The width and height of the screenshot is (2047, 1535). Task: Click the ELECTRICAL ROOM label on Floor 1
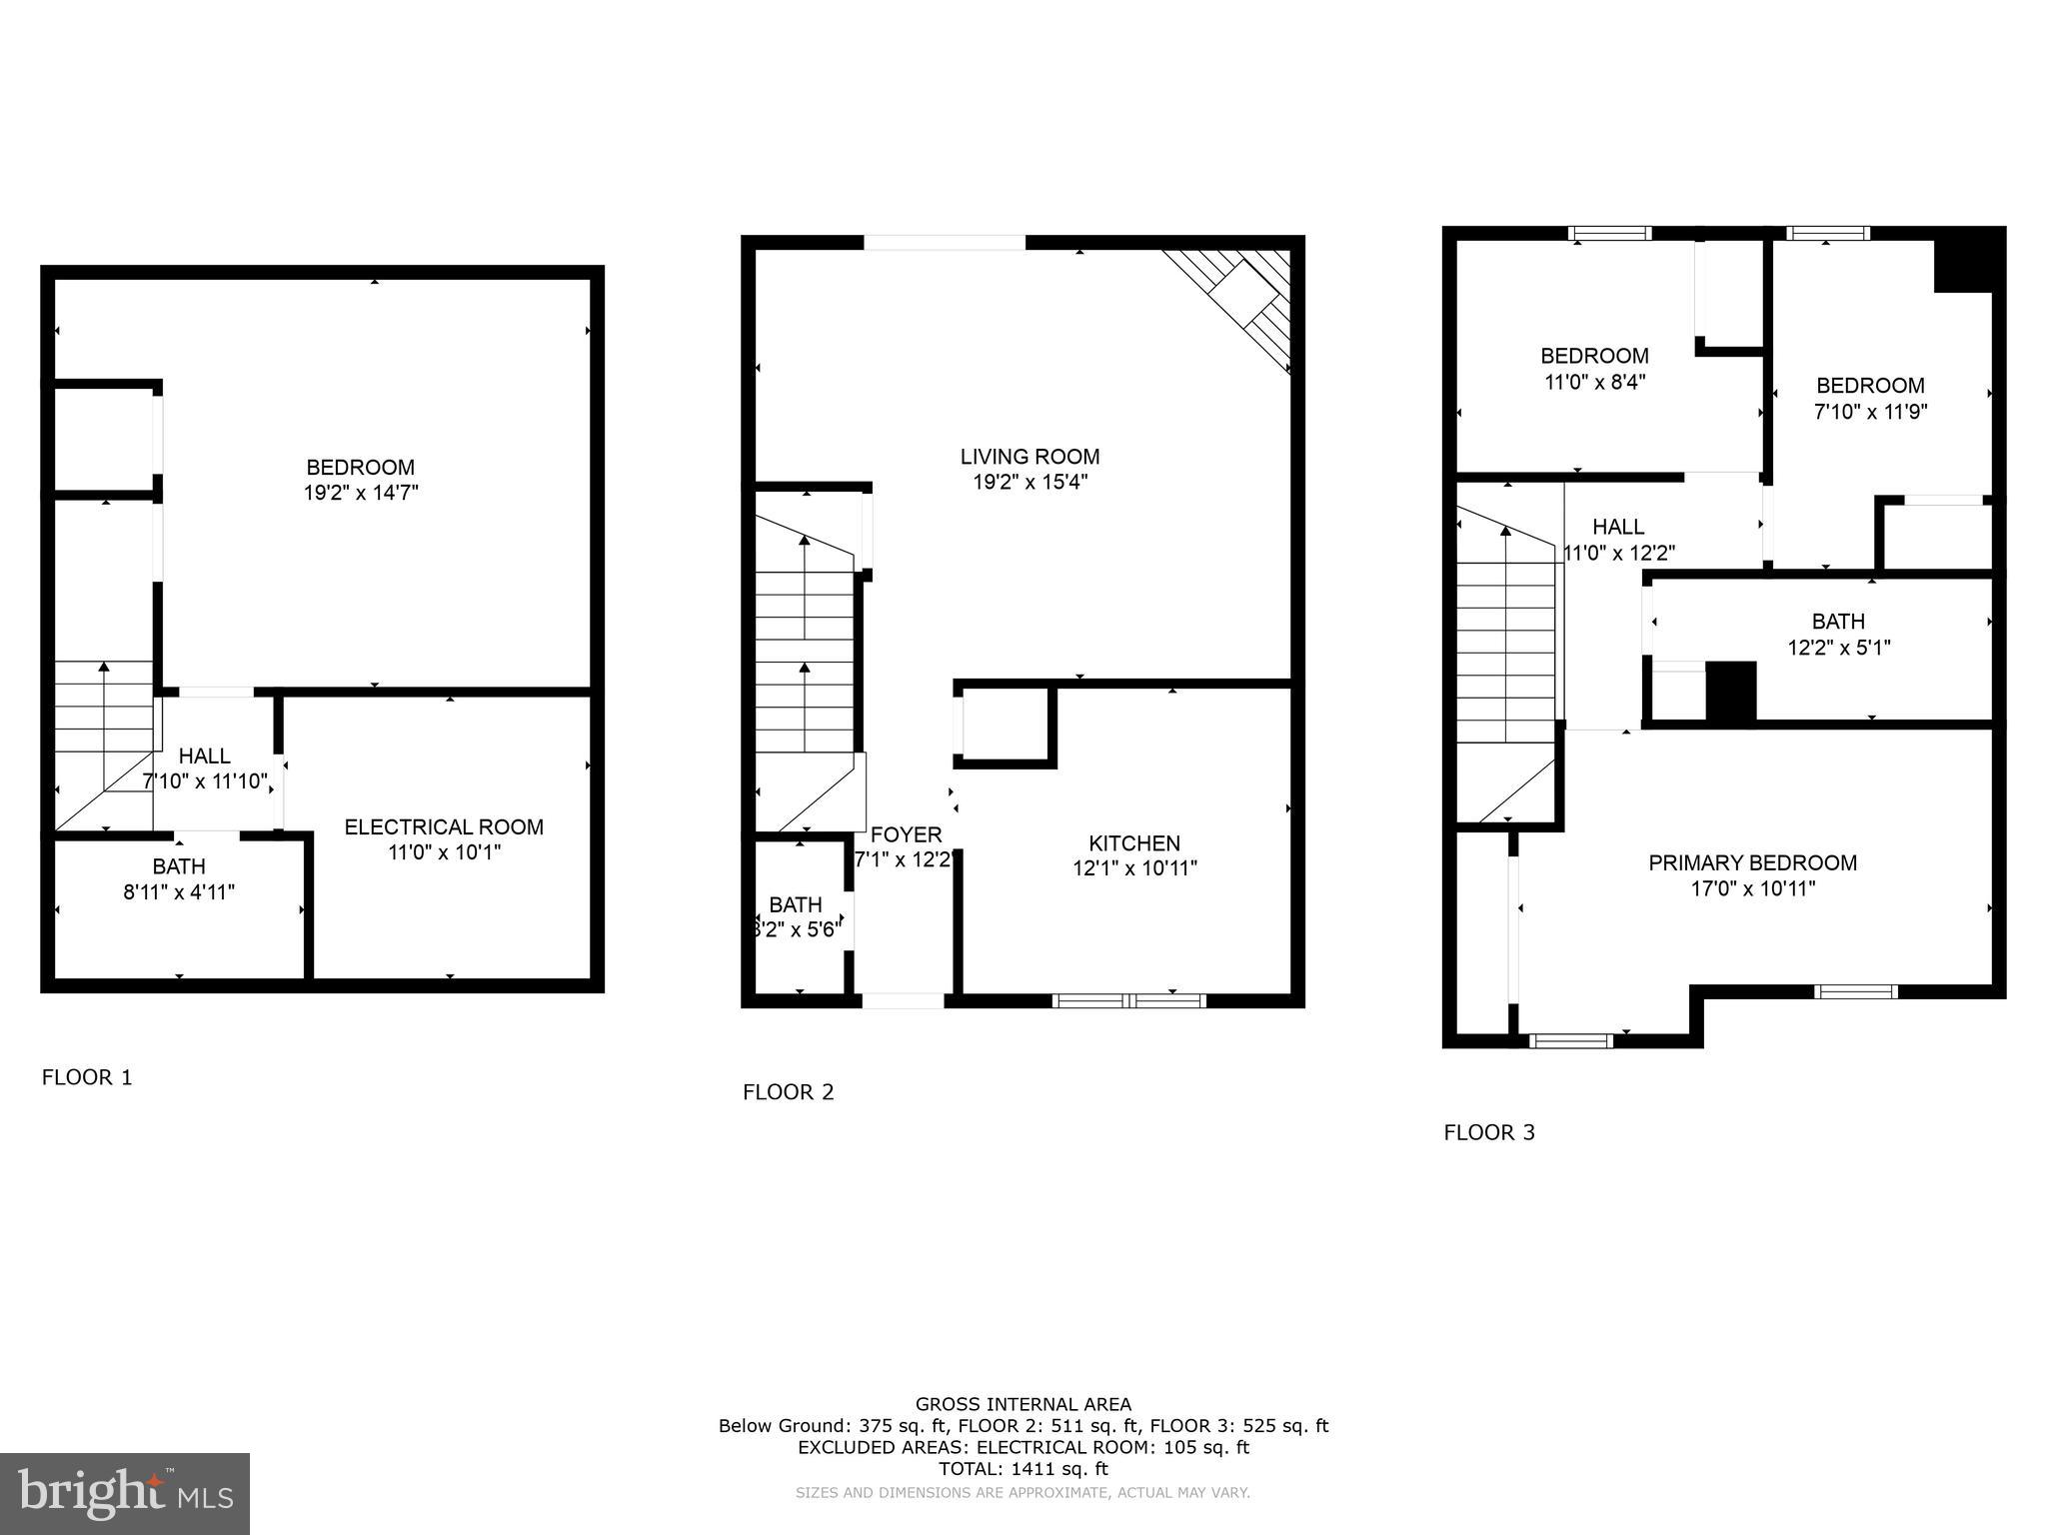point(444,826)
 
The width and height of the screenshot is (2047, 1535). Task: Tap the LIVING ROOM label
point(1029,457)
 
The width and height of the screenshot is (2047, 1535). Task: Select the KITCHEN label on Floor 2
point(1134,842)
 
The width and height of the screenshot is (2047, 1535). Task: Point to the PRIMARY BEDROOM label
point(1752,862)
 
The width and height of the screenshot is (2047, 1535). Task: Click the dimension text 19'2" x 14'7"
point(361,493)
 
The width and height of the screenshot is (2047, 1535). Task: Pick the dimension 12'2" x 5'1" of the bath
point(1838,648)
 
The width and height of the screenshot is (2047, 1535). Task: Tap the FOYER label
point(906,834)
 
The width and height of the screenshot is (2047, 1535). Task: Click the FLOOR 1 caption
point(87,1077)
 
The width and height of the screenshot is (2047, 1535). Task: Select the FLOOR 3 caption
point(1489,1132)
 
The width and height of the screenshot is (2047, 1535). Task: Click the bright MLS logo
point(124,1493)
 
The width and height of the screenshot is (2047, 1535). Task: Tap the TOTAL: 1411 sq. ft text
point(1023,1469)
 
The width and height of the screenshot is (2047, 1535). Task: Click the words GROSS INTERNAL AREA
point(1023,1404)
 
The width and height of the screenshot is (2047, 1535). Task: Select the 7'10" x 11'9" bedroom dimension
point(1870,411)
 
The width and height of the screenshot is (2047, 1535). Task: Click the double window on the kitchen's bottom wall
point(1129,1000)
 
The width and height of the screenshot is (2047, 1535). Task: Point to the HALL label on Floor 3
point(1618,527)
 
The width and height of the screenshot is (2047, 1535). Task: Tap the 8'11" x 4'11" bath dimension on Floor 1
point(179,892)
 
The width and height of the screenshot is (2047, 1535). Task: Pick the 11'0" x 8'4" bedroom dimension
point(1594,381)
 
